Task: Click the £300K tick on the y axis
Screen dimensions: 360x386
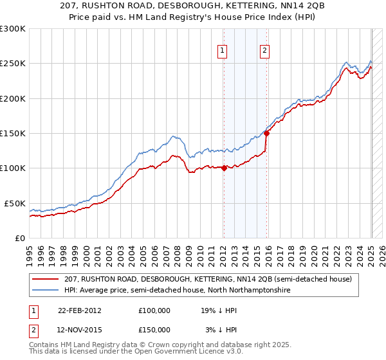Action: [x=12, y=29]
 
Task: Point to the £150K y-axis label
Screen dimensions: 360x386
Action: [x=12, y=133]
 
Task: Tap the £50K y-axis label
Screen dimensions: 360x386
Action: [x=14, y=203]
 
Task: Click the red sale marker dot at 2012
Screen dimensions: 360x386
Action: [x=224, y=168]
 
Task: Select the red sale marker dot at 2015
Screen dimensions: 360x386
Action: [x=266, y=134]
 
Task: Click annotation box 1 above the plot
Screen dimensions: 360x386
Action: [x=223, y=51]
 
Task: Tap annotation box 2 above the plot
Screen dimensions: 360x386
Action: [x=265, y=51]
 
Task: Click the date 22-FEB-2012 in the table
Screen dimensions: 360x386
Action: [x=80, y=310]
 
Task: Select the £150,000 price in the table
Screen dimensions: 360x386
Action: [x=154, y=330]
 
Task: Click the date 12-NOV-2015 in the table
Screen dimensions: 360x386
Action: [x=80, y=330]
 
